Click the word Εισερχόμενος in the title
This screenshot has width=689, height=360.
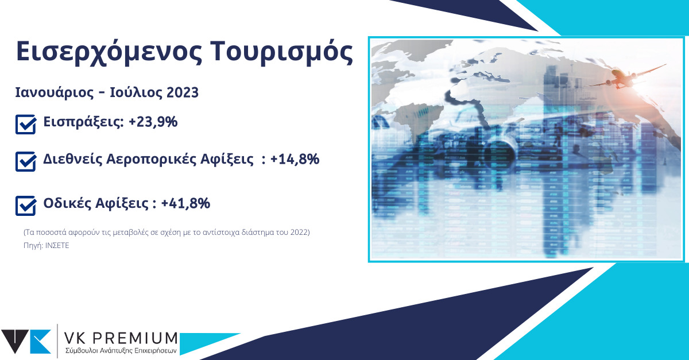109,52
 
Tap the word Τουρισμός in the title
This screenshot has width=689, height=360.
282,52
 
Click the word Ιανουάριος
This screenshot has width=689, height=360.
55,93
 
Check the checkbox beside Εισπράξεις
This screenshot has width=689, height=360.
26,125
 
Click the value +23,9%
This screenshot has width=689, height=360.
153,122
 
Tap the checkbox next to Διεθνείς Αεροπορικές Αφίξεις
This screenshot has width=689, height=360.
26,161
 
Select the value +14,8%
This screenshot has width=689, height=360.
295,160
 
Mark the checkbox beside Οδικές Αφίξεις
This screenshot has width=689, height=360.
26,206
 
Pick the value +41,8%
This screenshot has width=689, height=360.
185,203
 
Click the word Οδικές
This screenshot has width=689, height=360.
67,203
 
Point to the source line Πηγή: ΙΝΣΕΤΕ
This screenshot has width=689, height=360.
47,246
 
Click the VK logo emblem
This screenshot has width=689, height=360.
26,342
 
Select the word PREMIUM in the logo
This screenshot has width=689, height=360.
134,339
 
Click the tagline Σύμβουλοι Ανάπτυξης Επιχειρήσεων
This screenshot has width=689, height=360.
121,351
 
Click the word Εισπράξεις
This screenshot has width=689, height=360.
83,122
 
